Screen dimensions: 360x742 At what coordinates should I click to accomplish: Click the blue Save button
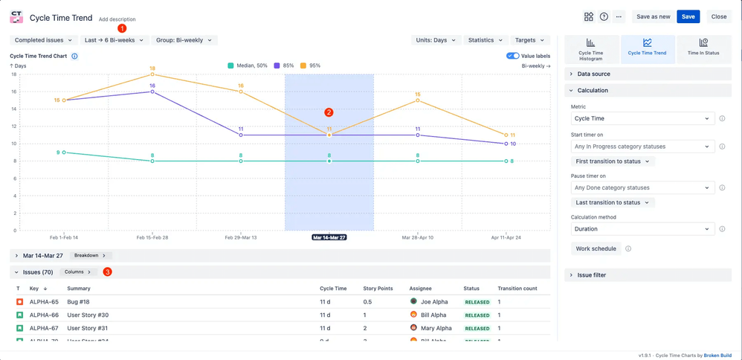(x=688, y=16)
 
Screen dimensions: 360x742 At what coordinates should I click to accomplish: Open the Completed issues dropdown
(x=43, y=40)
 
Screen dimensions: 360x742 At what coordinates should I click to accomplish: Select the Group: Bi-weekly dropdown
(x=184, y=40)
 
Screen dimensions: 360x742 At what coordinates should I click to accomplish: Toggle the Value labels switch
(x=512, y=56)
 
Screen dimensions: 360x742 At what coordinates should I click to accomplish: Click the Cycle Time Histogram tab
(x=590, y=48)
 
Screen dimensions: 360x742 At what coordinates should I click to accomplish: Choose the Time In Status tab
(x=703, y=48)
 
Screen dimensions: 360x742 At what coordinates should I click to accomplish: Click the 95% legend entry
(x=310, y=65)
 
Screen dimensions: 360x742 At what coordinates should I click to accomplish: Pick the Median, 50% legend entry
(x=248, y=65)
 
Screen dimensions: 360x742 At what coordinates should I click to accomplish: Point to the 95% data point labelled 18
(x=152, y=74)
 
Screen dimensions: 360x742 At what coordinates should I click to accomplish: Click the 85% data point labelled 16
(x=152, y=91)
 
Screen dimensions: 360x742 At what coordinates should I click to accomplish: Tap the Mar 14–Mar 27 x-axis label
(x=329, y=237)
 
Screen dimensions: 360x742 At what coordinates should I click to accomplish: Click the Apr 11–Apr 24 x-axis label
(x=506, y=237)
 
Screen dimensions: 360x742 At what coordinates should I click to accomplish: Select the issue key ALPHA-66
(x=44, y=315)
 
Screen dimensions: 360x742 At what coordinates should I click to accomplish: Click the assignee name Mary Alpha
(x=436, y=328)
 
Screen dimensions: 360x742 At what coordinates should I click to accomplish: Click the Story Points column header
(x=378, y=289)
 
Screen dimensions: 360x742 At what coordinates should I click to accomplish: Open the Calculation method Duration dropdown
(x=642, y=229)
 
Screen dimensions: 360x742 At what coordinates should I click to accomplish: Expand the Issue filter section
(x=591, y=275)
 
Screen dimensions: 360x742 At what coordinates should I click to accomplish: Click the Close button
(x=718, y=16)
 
